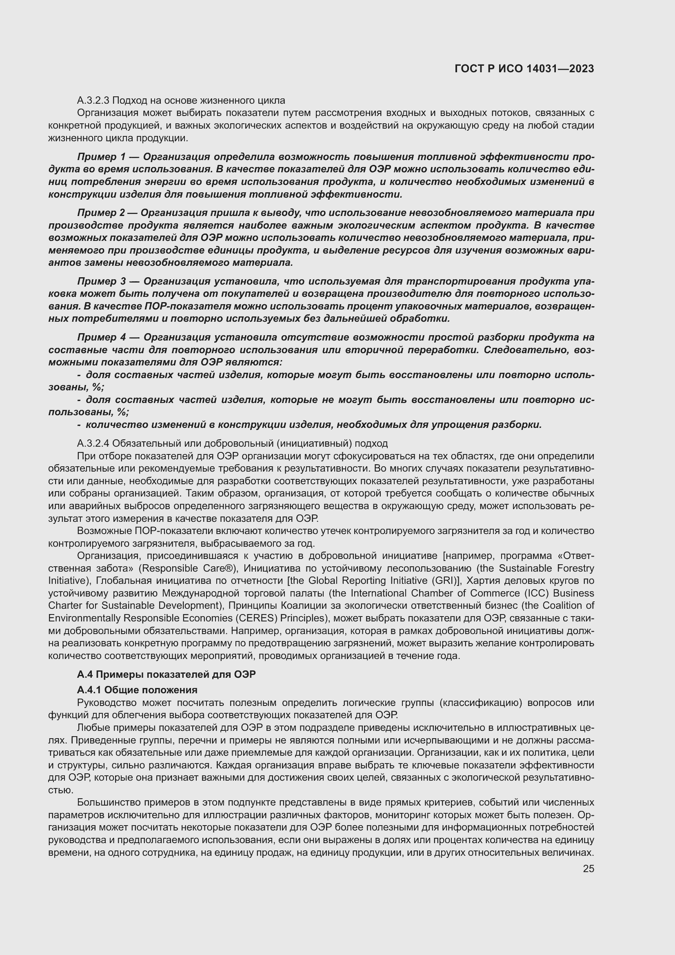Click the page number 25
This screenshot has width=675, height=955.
[588, 868]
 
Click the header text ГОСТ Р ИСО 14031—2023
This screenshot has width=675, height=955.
[524, 69]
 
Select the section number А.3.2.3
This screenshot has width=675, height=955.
[93, 100]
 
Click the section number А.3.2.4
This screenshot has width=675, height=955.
[93, 443]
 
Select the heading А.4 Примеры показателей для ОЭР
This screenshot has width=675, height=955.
[166, 674]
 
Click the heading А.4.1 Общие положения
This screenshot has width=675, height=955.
[137, 690]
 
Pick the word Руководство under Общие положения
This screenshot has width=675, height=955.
[107, 703]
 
